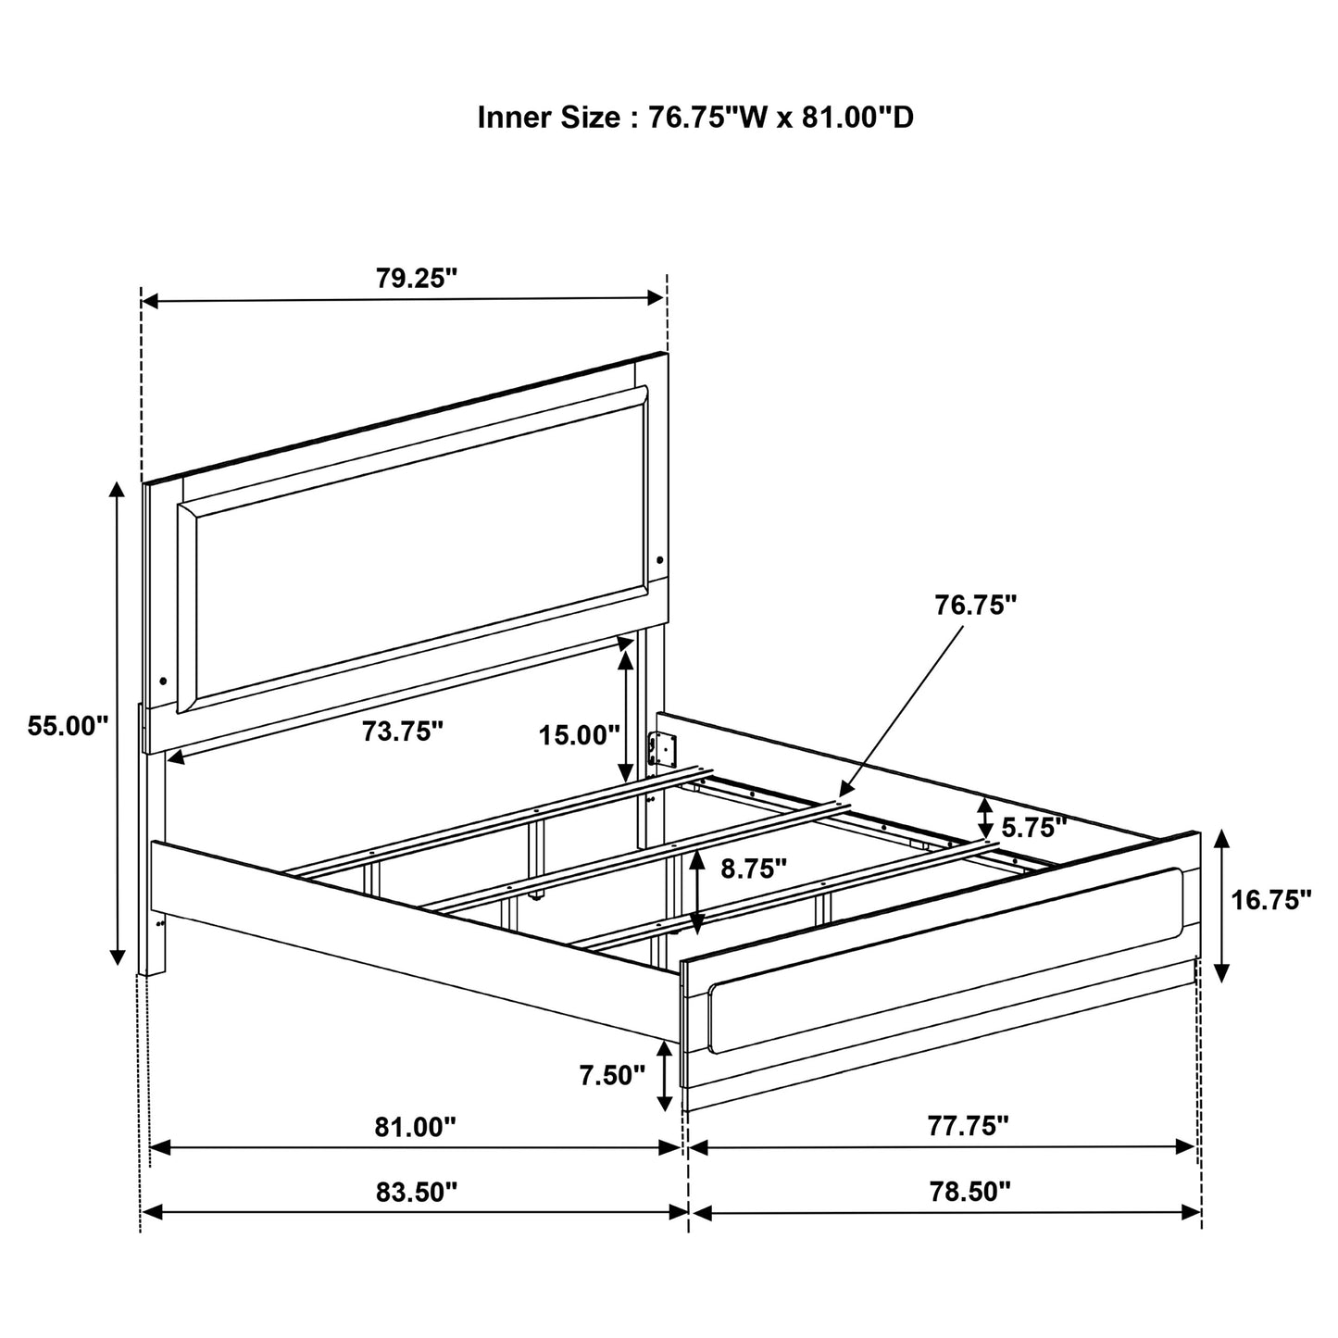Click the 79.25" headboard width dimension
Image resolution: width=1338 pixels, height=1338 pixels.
coord(417,279)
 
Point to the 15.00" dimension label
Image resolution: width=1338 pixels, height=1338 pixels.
coord(580,736)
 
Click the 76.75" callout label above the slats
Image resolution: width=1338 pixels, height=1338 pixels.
coord(975,605)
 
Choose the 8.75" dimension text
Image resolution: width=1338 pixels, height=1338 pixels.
coord(754,868)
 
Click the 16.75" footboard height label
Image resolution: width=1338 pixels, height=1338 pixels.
coord(1271,899)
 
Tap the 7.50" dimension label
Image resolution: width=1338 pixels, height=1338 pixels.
coord(611,1075)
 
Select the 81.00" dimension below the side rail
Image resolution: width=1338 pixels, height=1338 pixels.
coord(416,1127)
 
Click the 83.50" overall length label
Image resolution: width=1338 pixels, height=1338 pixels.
coord(417,1192)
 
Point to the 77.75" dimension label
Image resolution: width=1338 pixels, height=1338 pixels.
coord(968,1126)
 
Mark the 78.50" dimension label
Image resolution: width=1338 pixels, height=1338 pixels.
coord(969,1192)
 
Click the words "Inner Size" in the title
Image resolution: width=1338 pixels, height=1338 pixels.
coord(548,118)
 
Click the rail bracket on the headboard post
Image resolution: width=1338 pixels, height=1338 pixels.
coord(663,750)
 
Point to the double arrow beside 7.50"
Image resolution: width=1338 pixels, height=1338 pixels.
coord(665,1074)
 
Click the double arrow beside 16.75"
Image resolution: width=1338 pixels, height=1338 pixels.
coord(1221,906)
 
